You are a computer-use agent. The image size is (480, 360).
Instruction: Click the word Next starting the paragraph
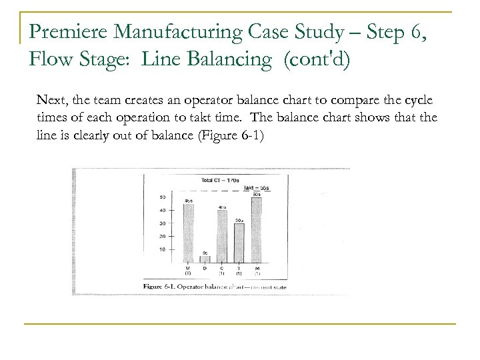pos(51,99)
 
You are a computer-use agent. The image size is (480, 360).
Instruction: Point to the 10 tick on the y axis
pos(161,249)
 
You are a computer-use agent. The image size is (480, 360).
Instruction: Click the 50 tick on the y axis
pos(161,197)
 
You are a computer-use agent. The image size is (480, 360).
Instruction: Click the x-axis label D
pos(205,268)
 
